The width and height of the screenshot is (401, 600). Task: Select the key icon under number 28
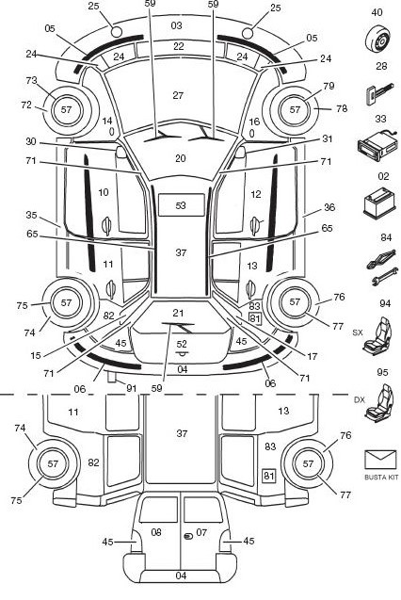click(378, 94)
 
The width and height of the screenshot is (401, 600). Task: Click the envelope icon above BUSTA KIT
click(380, 460)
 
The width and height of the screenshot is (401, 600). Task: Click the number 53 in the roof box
click(181, 205)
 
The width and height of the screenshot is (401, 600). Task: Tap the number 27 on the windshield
click(178, 95)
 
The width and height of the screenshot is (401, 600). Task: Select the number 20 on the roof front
click(181, 158)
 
